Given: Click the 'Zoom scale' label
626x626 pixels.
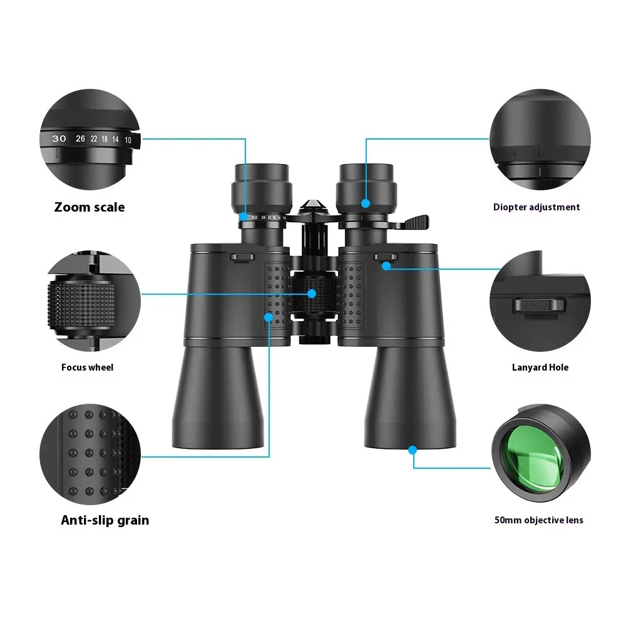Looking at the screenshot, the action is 90,207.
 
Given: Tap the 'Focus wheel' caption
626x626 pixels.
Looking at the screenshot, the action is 88,367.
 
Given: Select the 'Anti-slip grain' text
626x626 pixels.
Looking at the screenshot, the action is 105,520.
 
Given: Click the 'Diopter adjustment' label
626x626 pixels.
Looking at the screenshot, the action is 536,207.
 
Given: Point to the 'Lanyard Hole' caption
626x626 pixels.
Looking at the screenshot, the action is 540,367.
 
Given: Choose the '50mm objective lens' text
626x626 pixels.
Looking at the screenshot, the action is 539,520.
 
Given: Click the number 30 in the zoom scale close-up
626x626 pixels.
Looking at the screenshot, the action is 59,138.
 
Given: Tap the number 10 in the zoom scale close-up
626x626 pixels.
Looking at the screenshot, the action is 128,140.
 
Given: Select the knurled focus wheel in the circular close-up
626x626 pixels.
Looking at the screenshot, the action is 82,304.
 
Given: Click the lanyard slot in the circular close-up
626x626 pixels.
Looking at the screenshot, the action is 540,305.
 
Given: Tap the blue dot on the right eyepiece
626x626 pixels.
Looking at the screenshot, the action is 366,203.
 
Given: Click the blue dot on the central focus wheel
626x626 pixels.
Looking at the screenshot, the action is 312,294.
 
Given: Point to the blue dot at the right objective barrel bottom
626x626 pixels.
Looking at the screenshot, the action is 413,450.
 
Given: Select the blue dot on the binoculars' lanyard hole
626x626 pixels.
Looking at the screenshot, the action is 386,266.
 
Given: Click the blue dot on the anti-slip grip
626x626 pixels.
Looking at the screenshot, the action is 269,317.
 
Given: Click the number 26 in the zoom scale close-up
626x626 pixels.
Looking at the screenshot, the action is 80,138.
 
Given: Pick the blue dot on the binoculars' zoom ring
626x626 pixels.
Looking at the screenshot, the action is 244,217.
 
